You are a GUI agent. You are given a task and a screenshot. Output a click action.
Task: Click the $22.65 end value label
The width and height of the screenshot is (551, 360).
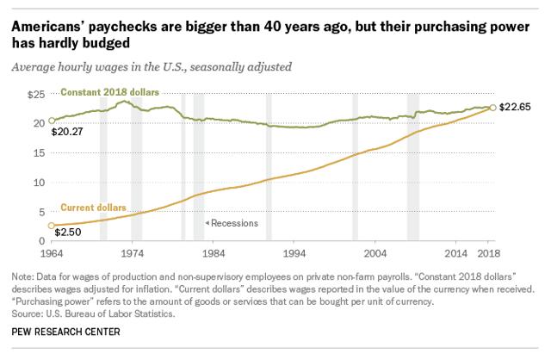(x=517, y=108)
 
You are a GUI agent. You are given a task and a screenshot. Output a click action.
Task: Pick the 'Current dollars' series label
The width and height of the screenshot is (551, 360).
(x=92, y=208)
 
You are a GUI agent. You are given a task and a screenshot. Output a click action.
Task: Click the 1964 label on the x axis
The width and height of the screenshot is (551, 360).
(x=53, y=255)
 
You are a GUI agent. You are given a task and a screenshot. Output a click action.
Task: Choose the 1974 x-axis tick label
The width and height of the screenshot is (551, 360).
(x=133, y=255)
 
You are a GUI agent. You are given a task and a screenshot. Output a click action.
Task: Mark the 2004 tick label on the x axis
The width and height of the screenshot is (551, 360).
(x=375, y=255)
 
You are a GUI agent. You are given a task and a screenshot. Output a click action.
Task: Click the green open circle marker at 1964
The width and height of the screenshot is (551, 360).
(x=53, y=121)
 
